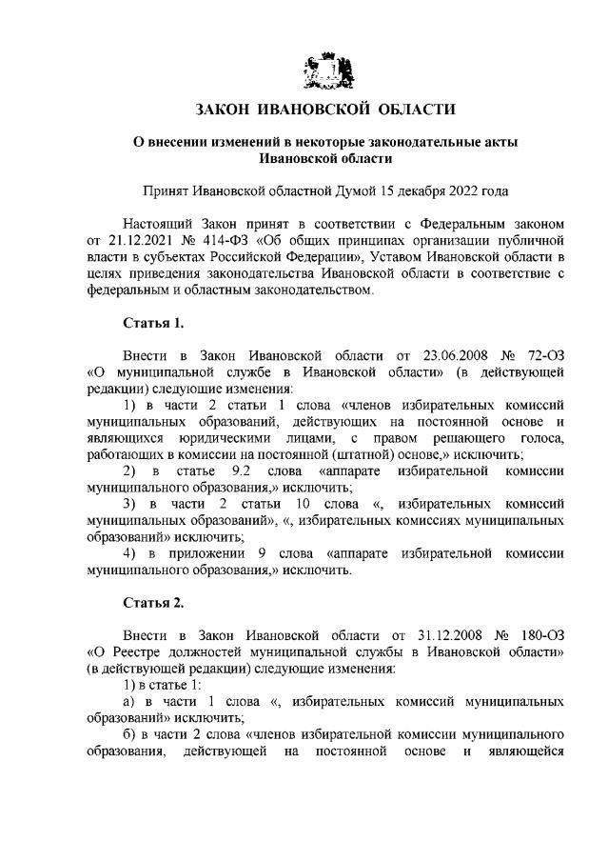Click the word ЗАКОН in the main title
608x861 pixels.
226,110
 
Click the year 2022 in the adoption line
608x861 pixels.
453,190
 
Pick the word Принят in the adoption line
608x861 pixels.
163,190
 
